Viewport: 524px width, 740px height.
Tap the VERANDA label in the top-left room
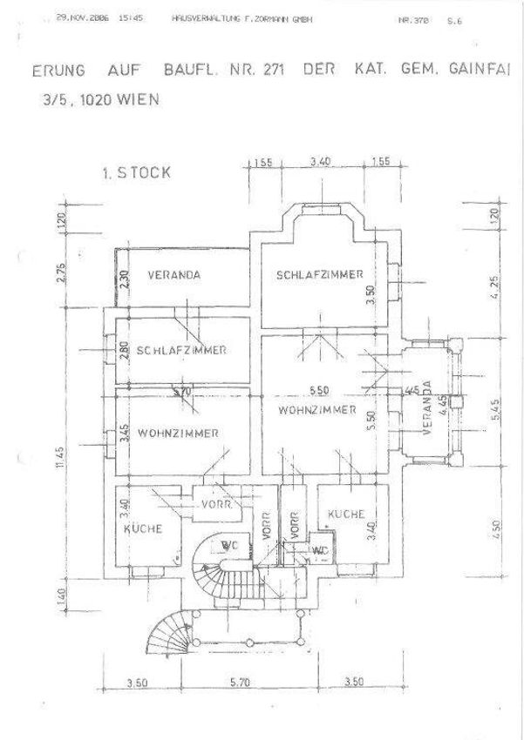[174, 275]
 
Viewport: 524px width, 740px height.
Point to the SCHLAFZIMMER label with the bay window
[319, 275]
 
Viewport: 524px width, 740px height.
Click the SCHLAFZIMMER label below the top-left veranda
[181, 350]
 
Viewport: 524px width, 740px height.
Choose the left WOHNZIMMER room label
[177, 433]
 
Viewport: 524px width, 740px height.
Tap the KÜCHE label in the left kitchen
[143, 528]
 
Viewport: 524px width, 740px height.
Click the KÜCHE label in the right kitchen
[345, 515]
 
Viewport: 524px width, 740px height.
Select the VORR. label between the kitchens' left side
[214, 505]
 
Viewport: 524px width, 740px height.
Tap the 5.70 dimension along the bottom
[238, 683]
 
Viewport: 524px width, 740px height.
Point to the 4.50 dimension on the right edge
[496, 529]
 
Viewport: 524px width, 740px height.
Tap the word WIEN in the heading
[134, 99]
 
